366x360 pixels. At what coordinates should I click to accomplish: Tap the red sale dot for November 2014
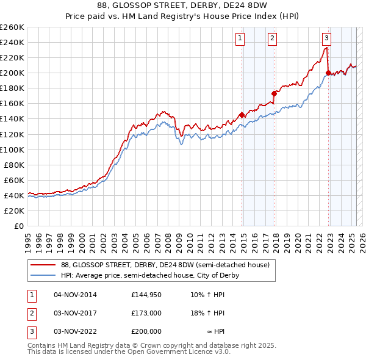(x=242, y=115)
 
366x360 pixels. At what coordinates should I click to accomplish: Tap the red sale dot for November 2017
(x=274, y=93)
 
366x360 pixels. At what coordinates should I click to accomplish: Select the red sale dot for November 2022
(x=328, y=73)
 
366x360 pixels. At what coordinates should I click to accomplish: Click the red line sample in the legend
(x=43, y=265)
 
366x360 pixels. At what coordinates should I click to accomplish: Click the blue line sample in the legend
(x=43, y=275)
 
